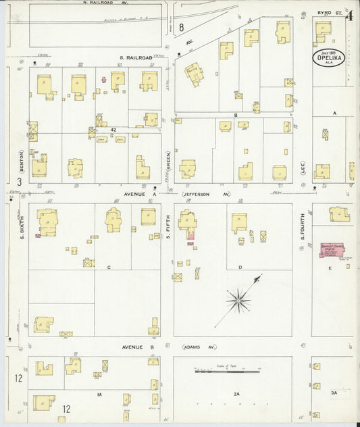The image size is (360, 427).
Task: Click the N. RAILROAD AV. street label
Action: tap(105, 3)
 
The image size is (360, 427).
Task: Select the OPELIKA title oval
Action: tap(328, 57)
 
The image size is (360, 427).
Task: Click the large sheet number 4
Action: tap(349, 15)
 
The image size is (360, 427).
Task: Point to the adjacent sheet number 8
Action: tap(182, 27)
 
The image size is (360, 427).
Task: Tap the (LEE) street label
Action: tap(303, 166)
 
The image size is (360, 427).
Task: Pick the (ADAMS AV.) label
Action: tap(199, 347)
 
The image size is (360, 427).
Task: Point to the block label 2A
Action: tap(236, 393)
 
